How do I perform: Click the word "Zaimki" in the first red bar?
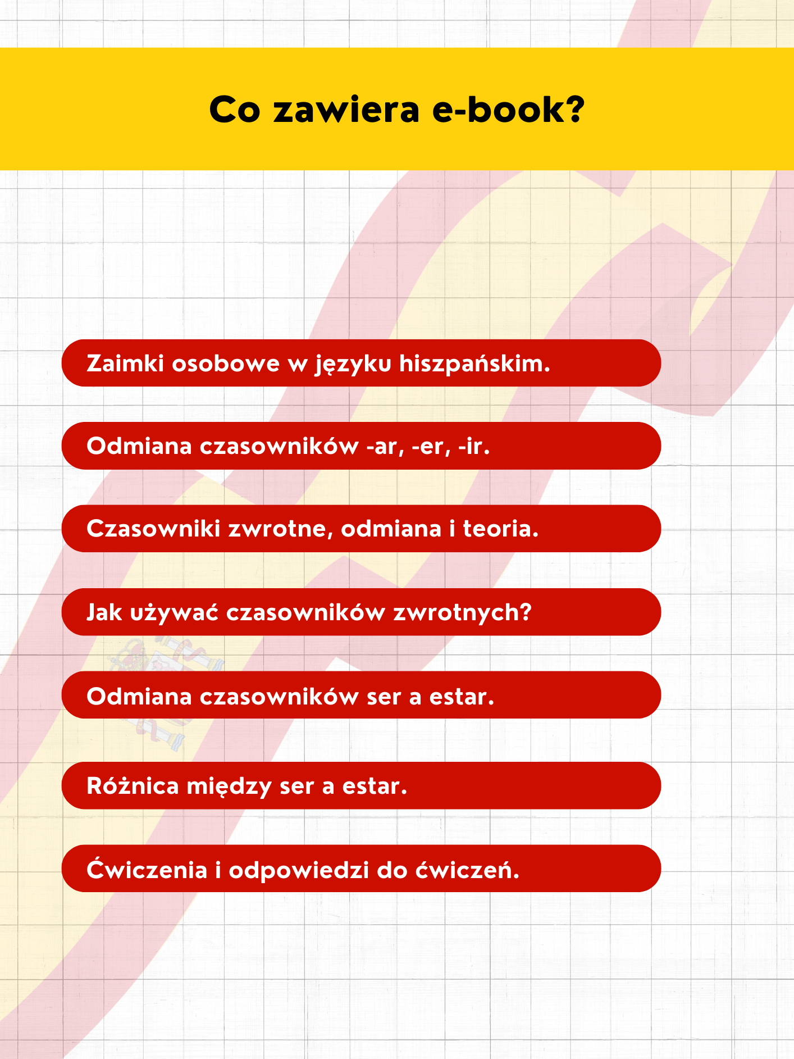[125, 363]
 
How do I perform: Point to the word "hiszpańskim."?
[474, 363]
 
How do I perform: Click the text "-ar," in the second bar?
[385, 447]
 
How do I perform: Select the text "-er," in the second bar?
[431, 447]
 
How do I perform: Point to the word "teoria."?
[500, 529]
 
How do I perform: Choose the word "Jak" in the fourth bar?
[104, 612]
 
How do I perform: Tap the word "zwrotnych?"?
[462, 612]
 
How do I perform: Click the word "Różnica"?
[133, 786]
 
